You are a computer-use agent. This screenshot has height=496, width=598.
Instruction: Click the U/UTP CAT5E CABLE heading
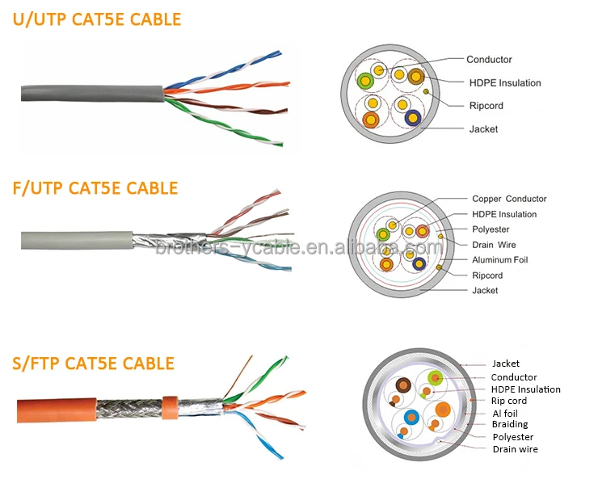(x=96, y=19)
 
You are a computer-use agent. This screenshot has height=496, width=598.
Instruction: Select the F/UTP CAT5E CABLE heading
(x=95, y=188)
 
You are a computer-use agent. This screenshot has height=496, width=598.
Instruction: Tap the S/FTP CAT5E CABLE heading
(x=93, y=363)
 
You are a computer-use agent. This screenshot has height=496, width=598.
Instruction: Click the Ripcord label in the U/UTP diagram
(x=486, y=106)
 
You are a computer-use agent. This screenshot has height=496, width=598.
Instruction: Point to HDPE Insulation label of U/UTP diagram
(x=505, y=82)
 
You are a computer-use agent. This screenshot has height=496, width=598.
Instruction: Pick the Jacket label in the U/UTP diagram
(x=484, y=129)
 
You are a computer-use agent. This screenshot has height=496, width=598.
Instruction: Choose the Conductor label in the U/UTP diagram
(x=489, y=59)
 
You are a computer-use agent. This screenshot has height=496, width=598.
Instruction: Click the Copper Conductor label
(x=509, y=199)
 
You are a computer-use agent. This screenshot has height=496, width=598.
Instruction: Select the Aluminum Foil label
(x=499, y=260)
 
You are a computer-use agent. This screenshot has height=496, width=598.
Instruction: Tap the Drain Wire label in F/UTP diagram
(x=494, y=245)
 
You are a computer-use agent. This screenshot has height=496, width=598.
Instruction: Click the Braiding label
(x=510, y=423)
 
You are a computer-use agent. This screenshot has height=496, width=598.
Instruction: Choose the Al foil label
(x=506, y=412)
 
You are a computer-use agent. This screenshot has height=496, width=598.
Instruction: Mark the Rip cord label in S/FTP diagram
(x=509, y=401)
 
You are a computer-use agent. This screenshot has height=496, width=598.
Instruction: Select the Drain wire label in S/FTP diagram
(x=515, y=448)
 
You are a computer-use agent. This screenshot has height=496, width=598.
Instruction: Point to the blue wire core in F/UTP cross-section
(x=418, y=262)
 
